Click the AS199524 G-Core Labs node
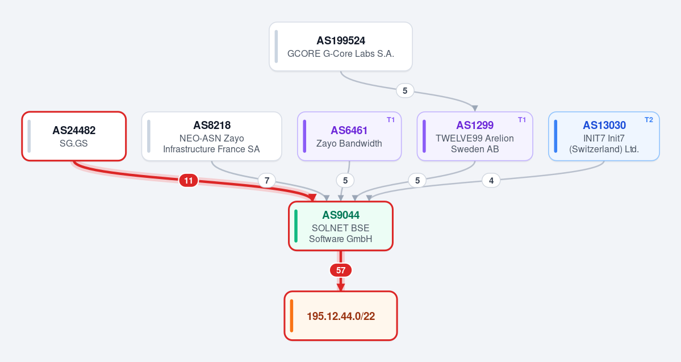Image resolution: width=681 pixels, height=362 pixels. coord(341,47)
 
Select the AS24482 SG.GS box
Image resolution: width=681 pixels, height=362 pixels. coord(74,136)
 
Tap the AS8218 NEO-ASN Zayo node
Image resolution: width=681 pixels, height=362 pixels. coord(211,136)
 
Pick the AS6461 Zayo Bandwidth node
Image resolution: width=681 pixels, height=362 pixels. coord(349,136)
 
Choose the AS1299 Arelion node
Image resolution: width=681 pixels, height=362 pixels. coord(475,136)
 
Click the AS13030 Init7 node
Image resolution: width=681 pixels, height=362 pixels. coord(604,136)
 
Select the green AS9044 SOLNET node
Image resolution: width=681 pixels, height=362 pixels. coord(341,226)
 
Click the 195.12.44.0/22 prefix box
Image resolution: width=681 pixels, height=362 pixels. coord(341,315)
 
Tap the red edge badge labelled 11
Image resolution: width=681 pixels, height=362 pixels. coord(189,180)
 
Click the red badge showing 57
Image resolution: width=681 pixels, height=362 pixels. coord(341,271)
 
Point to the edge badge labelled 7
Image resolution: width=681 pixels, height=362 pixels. coord(267,180)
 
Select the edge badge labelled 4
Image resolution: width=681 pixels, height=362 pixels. coord(491,180)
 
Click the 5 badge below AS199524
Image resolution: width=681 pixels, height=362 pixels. coord(405,91)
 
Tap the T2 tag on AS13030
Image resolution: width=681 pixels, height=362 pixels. coord(649,120)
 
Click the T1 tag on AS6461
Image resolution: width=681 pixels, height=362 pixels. coord(390,120)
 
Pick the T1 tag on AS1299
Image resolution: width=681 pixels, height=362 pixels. coord(521,120)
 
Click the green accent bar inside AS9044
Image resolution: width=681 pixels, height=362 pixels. coord(296,226)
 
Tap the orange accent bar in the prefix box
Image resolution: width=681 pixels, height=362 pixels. coord(291,315)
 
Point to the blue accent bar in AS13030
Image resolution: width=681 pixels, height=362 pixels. coord(555,136)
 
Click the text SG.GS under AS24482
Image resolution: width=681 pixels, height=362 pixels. coord(74,143)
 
